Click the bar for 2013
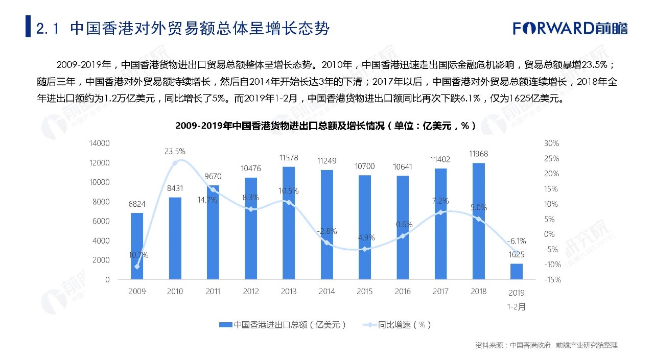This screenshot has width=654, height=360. (x=288, y=223)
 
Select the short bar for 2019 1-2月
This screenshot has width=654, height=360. (x=517, y=272)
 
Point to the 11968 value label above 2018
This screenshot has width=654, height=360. (x=478, y=154)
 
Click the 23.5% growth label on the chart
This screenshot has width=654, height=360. (x=175, y=152)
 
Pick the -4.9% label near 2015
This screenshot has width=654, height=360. (x=364, y=237)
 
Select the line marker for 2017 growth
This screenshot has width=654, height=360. (x=440, y=212)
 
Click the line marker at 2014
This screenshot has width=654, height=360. (x=326, y=243)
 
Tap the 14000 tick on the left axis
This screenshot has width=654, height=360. (x=99, y=143)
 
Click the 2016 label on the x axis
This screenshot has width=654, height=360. (x=402, y=292)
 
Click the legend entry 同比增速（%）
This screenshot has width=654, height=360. (x=397, y=325)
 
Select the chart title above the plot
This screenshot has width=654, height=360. (x=326, y=126)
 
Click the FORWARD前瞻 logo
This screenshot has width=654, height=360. (x=570, y=28)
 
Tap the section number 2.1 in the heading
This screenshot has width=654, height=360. (x=49, y=28)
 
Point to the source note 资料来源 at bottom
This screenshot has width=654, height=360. (x=546, y=346)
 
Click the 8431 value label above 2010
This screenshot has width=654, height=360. (x=175, y=189)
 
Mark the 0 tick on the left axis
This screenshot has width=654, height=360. (x=107, y=280)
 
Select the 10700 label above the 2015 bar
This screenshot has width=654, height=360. (x=364, y=166)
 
